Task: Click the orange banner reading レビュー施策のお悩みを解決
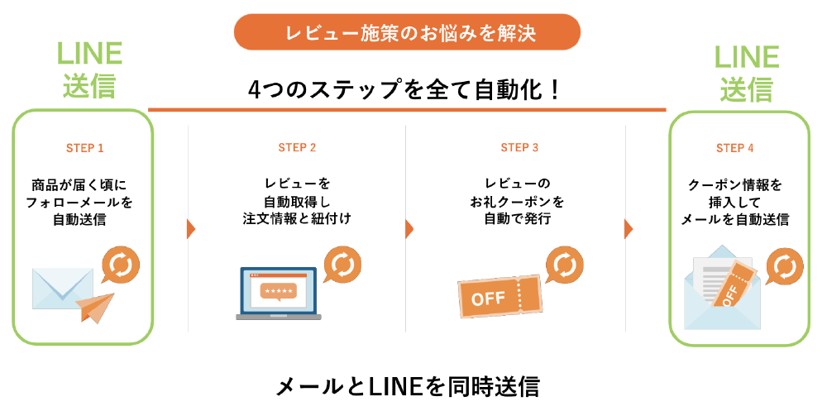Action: [x=407, y=33]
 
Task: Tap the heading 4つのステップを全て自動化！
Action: [x=406, y=89]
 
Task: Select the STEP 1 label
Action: [x=84, y=149]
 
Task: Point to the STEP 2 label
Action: [x=297, y=149]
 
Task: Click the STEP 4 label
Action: [x=734, y=149]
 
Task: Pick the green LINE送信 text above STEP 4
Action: [x=746, y=72]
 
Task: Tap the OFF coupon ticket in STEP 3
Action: [x=500, y=295]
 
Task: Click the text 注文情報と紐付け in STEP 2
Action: [x=297, y=219]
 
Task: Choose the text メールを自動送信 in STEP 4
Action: [x=734, y=219]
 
